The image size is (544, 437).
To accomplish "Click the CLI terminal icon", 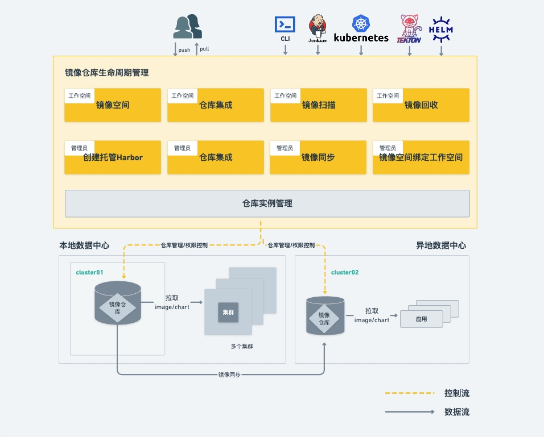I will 285,24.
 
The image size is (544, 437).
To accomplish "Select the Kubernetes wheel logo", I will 361,24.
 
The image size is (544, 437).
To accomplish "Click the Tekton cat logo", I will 409,27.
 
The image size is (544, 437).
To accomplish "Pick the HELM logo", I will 441,29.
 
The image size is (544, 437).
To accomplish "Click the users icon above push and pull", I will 188,27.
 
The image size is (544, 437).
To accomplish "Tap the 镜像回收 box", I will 421,105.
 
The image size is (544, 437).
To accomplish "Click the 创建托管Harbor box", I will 113,157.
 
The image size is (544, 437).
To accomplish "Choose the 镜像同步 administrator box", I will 318,157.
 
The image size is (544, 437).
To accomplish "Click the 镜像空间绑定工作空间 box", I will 421,157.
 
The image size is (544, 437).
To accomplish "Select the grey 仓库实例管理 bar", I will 267,203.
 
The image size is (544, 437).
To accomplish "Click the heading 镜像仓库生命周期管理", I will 106,73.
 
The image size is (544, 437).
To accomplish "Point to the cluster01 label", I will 89,272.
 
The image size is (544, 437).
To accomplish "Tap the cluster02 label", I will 345,272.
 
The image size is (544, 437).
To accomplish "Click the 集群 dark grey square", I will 228,313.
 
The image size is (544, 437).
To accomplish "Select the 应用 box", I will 421,319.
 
